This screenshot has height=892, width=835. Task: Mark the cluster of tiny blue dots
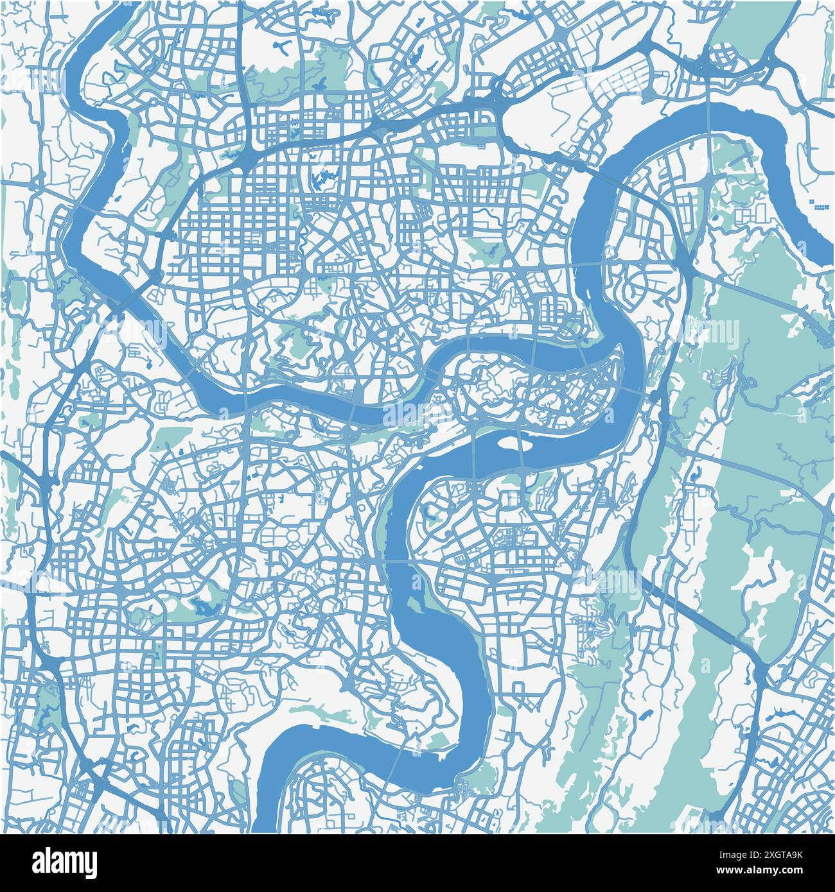point(822,205)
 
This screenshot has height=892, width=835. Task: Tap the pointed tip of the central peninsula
point(619,350)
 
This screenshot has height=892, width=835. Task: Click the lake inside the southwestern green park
point(204,605)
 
